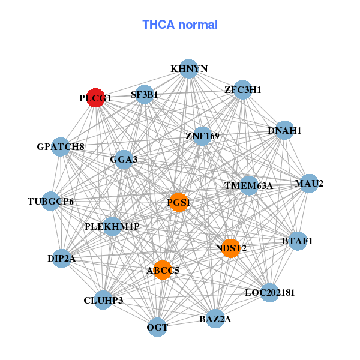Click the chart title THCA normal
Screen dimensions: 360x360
tap(180, 25)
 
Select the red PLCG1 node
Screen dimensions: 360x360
tap(96, 97)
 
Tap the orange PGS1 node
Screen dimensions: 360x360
tap(179, 202)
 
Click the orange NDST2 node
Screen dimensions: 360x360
tap(231, 248)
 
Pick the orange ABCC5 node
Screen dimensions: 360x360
tap(162, 270)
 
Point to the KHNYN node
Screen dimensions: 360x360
tap(189, 69)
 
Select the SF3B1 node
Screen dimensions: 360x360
tap(145, 94)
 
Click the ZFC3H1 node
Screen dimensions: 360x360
tap(242, 90)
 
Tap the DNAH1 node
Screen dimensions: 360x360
tap(284, 130)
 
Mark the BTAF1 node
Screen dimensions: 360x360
tap(298, 241)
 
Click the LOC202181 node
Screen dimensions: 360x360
tap(270, 293)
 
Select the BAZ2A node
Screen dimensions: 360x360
tap(215, 319)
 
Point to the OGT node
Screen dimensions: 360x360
tap(157, 327)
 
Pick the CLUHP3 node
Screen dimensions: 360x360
tap(103, 300)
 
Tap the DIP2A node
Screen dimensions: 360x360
tap(61, 259)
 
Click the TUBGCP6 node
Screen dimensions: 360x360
tap(52, 201)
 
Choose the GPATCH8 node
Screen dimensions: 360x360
tap(61, 146)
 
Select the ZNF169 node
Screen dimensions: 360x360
tap(203, 136)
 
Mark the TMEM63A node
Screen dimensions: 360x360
tap(248, 185)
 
